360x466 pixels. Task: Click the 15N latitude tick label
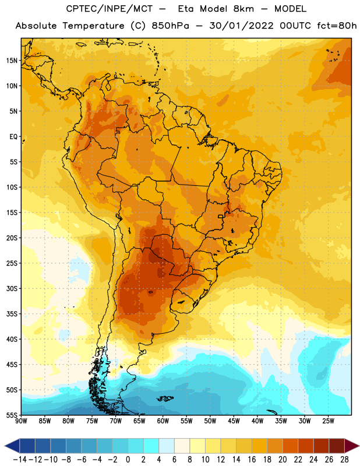12,61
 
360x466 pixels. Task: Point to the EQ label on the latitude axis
13,137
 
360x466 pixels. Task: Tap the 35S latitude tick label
12,314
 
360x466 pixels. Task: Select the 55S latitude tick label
12,415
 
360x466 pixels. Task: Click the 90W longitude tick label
21,421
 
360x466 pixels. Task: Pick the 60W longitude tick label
163,421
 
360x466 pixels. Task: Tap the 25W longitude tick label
328,421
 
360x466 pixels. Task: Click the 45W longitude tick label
234,421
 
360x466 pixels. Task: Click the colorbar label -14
20,460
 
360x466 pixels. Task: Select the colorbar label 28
344,460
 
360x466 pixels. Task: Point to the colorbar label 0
128,460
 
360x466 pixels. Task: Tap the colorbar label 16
252,460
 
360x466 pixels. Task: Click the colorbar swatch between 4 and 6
167,446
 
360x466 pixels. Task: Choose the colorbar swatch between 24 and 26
322,446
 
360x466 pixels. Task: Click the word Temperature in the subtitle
94,26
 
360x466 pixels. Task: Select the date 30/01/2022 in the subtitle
241,26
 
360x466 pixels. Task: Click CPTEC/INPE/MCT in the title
110,9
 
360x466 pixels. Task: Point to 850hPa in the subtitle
170,26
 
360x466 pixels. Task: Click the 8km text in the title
243,9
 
